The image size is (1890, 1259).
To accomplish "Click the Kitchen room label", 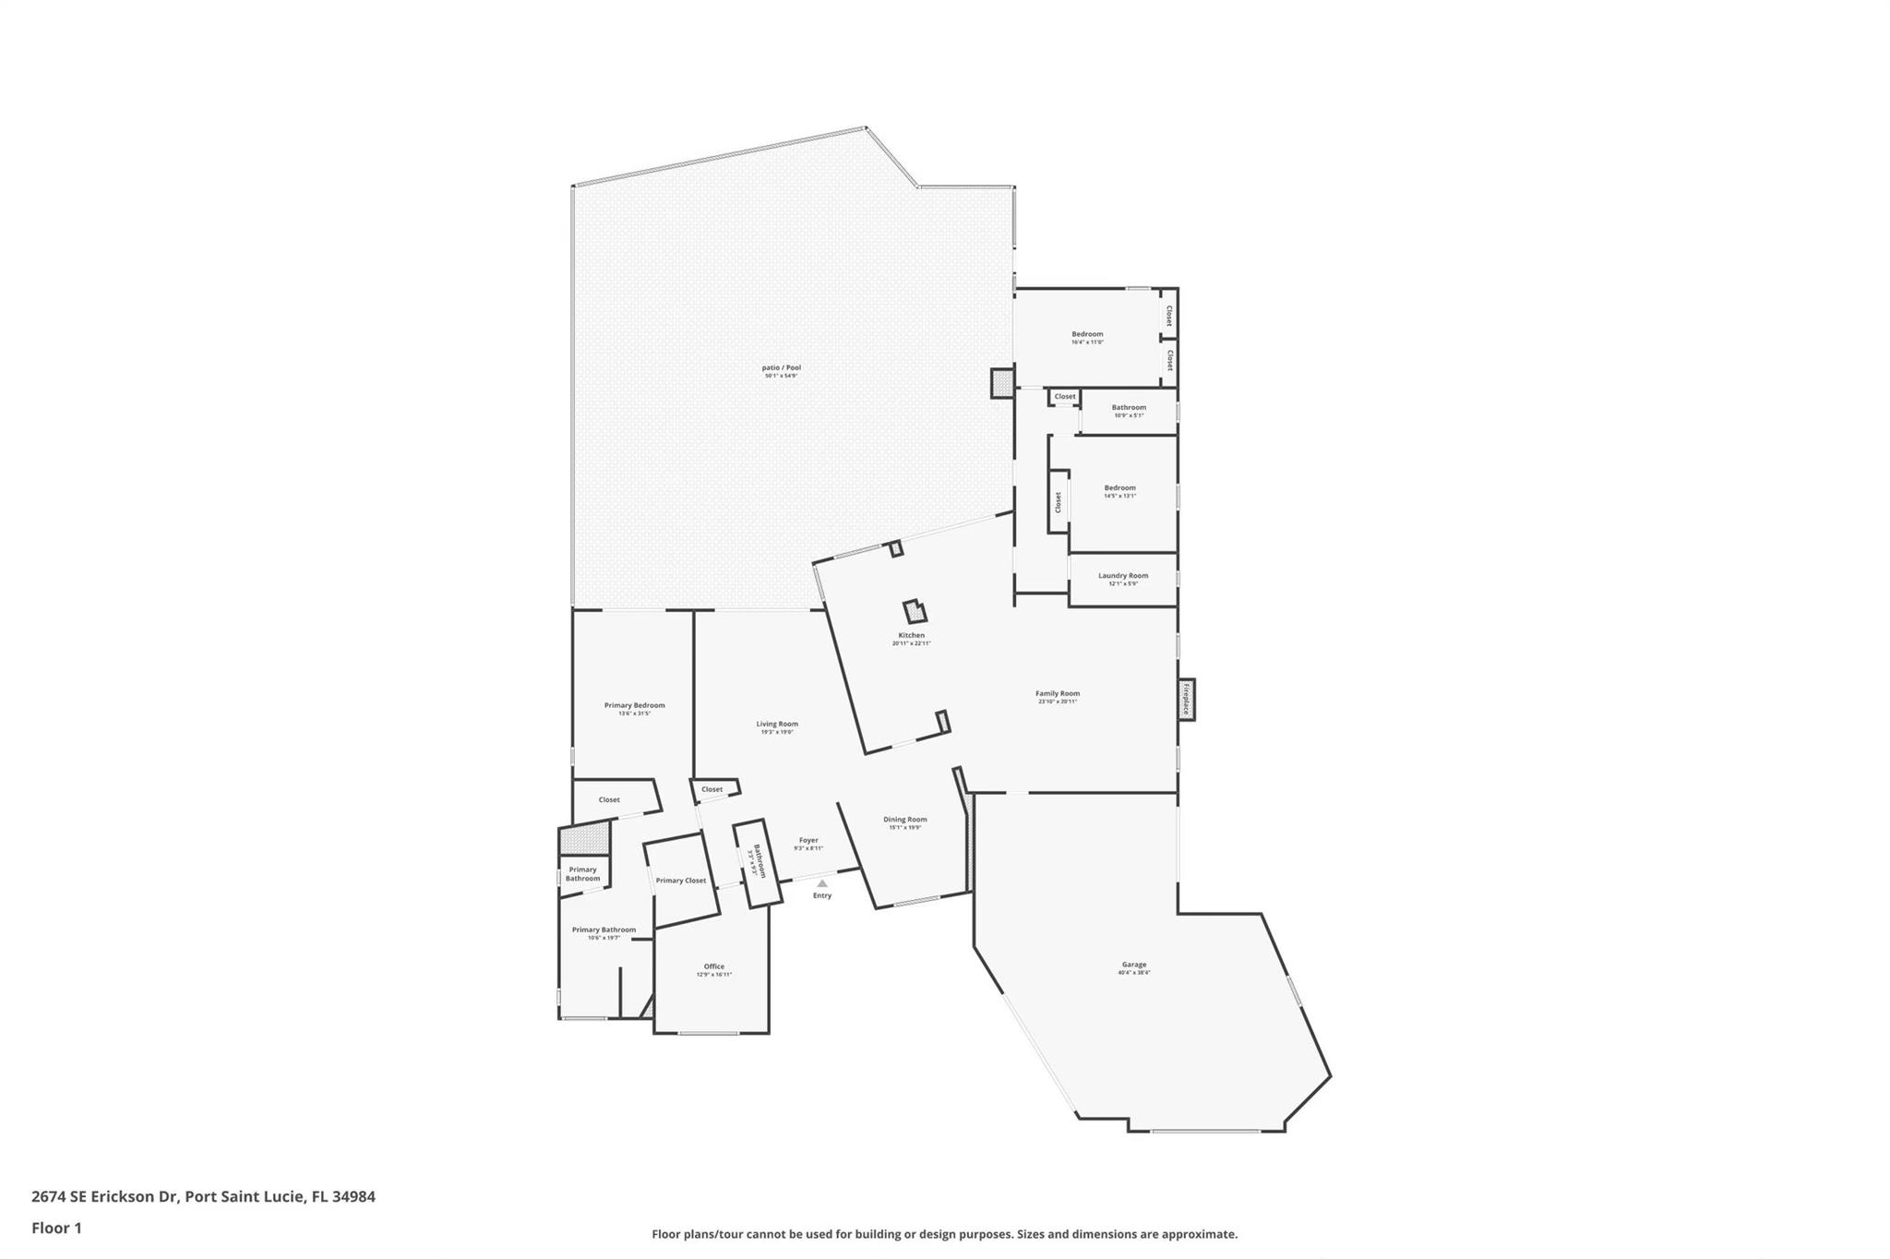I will coord(911,636).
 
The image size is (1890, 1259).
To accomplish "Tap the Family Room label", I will coord(1057,694).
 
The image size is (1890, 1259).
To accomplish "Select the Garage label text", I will coord(1133,965).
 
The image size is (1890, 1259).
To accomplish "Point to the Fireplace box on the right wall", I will coord(1187,700).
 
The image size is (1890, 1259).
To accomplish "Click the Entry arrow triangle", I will coord(822,883).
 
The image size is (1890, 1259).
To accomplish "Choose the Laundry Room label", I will coord(1123,576).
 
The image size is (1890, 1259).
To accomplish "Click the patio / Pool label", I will coord(781,368).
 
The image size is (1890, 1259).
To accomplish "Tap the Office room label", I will coord(713,967).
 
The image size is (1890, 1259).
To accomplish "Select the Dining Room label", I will coord(904,820).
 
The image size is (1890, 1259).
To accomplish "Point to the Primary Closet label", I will coord(681,881).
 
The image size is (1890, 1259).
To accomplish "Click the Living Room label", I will coord(777,725).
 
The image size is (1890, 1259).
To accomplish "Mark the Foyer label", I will coord(808,841).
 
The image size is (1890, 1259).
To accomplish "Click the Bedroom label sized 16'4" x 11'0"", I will coord(1087,335).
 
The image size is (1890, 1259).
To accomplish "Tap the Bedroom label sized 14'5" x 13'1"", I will coord(1119,488).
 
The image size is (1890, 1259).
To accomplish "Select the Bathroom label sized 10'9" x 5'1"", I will coord(1128,408).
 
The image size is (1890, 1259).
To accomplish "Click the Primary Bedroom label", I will coord(634,706).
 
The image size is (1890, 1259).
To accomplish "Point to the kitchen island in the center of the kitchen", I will coord(915,611).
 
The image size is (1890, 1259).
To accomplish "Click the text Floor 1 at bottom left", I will coord(56,1229).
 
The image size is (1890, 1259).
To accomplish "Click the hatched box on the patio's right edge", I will coord(1001,383).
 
